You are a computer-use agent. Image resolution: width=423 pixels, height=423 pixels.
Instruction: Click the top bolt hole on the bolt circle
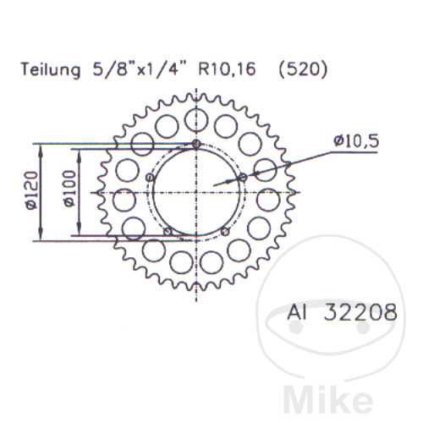196,144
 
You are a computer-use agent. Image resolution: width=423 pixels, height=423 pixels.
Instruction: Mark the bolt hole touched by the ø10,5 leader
243,177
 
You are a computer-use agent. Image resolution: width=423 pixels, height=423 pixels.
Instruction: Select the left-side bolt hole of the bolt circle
150,177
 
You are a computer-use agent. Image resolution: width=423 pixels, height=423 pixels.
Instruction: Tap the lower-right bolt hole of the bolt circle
225,232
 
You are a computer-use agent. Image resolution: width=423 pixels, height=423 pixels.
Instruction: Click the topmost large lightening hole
196,118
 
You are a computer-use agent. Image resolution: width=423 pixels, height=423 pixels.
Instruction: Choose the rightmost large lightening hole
268,200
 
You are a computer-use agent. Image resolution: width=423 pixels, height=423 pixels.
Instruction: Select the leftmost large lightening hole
124,200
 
